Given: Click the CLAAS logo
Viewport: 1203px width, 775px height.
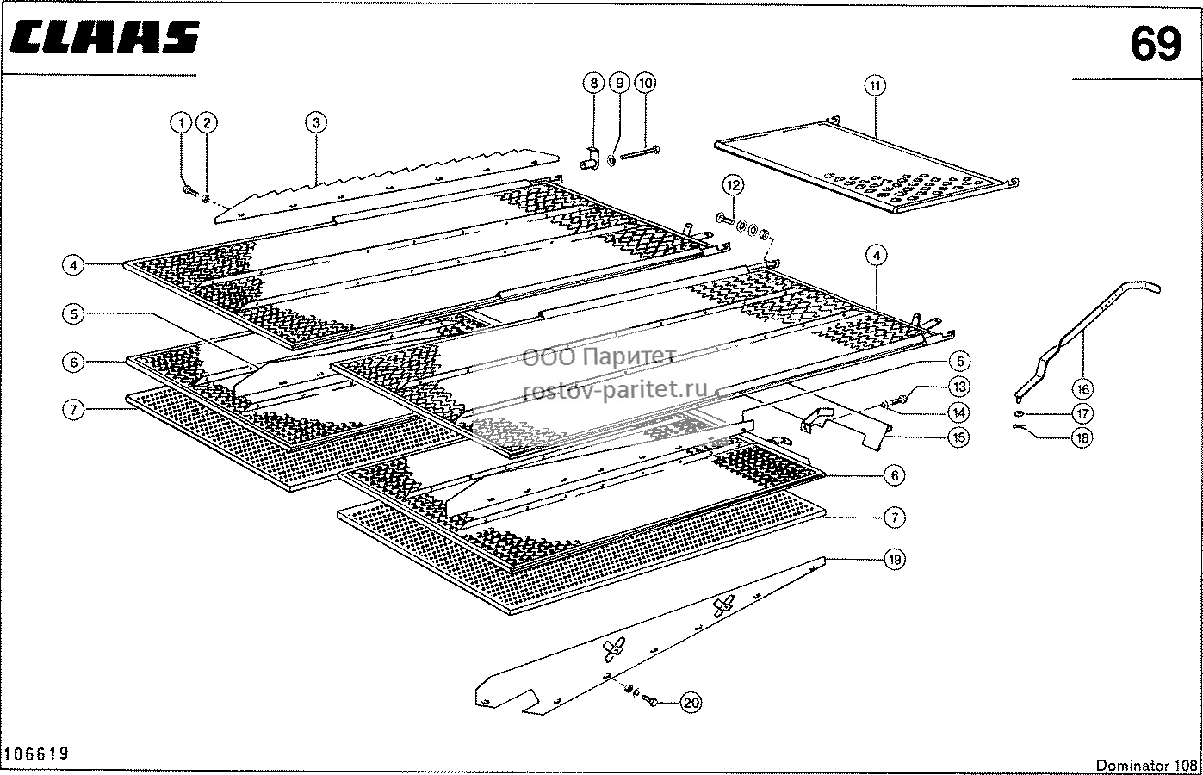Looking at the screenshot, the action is coord(104,37).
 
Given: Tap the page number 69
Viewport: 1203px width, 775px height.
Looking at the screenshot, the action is coord(1156,45).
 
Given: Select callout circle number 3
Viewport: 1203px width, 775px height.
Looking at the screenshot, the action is coord(316,123).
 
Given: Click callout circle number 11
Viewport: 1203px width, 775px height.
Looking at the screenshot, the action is coord(875,85).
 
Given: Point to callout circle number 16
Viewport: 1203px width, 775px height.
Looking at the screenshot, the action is coord(1082,389).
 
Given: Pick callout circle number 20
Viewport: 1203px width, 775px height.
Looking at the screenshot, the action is coord(691,703).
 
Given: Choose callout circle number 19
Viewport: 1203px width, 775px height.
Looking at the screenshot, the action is coord(894,560).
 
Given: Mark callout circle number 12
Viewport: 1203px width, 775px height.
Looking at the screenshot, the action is coord(733,185).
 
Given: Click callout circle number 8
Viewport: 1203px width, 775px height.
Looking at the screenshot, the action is coord(593,84).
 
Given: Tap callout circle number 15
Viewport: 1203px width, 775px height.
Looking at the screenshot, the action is coord(959,437).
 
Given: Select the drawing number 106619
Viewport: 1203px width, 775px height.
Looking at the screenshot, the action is coord(36,753).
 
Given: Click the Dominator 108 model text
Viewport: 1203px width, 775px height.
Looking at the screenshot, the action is coord(1146,765).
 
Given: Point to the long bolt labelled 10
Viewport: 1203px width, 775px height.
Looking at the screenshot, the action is coord(640,153).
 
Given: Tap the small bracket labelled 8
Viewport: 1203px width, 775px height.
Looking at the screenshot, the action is coord(590,159).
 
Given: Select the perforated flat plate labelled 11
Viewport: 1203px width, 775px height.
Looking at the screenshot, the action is coord(865,167).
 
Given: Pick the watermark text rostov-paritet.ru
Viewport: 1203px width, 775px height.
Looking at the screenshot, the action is coord(616,389).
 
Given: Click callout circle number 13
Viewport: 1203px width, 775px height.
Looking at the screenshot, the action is coord(959,387).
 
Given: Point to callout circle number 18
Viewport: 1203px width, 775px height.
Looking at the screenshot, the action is coord(1082,437).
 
